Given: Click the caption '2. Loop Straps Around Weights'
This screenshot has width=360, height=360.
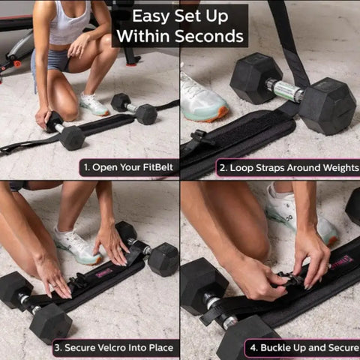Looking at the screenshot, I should point(287,166).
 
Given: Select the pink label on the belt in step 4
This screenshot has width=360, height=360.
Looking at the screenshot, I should point(342,259).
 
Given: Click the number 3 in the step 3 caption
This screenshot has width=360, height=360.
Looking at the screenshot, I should point(58,348).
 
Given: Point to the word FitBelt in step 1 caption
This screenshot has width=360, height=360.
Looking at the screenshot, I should point(157,166).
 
